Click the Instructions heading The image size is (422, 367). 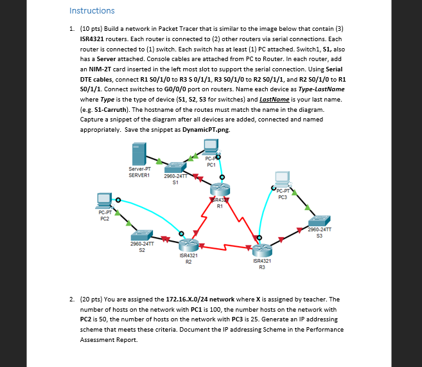click(x=92, y=10)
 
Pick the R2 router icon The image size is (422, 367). click(x=188, y=244)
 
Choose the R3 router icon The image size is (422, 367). click(x=261, y=248)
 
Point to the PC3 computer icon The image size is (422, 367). click(x=281, y=177)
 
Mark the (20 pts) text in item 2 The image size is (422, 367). click(x=94, y=299)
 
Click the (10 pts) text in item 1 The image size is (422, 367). click(x=94, y=30)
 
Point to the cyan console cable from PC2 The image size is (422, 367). click(x=148, y=212)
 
